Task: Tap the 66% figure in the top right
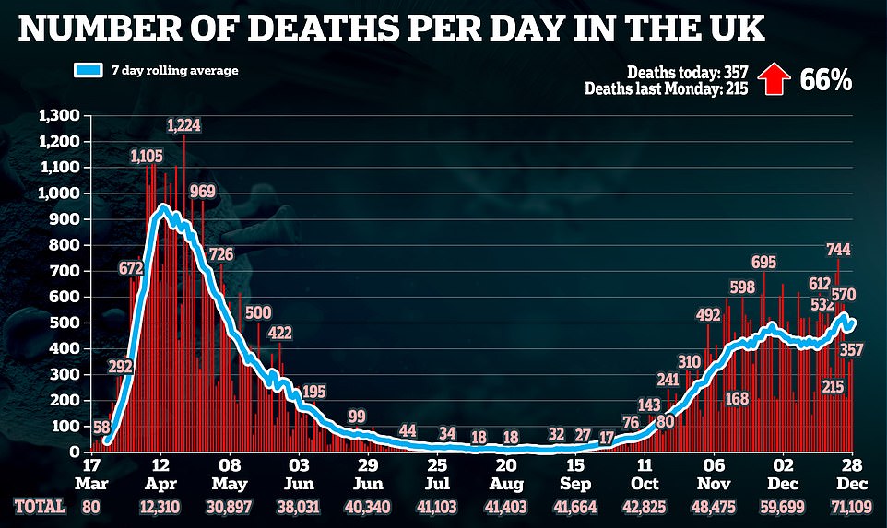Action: [825, 80]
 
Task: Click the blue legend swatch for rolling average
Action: [93, 70]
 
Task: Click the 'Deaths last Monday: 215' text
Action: [668, 88]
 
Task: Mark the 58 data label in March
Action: [101, 428]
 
